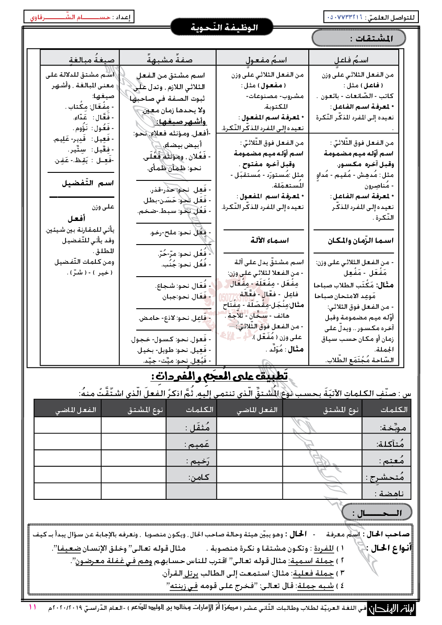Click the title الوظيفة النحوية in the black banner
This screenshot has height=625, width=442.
(x=224, y=28)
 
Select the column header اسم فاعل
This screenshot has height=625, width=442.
(x=352, y=59)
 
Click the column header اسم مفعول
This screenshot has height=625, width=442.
(x=266, y=59)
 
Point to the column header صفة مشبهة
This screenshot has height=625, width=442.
(x=170, y=59)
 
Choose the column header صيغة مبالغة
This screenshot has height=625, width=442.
(x=91, y=59)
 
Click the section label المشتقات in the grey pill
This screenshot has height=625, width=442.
(x=371, y=38)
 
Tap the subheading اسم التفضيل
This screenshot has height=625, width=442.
(x=88, y=183)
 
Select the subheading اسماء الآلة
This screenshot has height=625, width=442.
(x=270, y=240)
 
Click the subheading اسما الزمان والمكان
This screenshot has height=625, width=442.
(x=360, y=241)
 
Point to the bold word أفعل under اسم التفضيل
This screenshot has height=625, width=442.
(x=77, y=218)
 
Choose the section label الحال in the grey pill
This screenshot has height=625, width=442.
(x=377, y=513)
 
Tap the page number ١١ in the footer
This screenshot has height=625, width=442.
(x=33, y=607)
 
